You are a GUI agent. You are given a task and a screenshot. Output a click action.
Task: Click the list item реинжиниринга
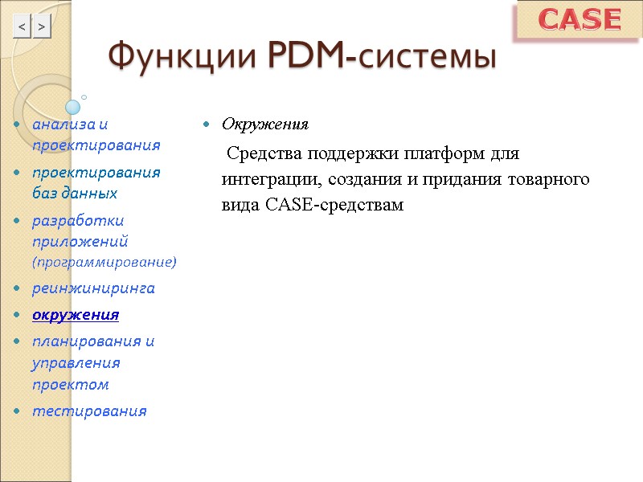(x=93, y=288)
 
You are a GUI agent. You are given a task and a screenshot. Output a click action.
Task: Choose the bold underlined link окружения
(x=76, y=314)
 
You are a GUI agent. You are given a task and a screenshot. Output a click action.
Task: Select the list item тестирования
(x=89, y=411)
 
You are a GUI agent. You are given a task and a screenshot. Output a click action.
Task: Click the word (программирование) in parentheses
(x=104, y=262)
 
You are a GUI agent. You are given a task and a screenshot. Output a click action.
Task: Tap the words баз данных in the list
(x=75, y=194)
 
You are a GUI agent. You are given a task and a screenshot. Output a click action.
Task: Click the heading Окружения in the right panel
(x=264, y=125)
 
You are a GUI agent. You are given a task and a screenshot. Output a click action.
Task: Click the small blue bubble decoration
(x=73, y=106)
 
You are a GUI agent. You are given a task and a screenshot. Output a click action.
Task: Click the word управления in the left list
(x=76, y=363)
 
